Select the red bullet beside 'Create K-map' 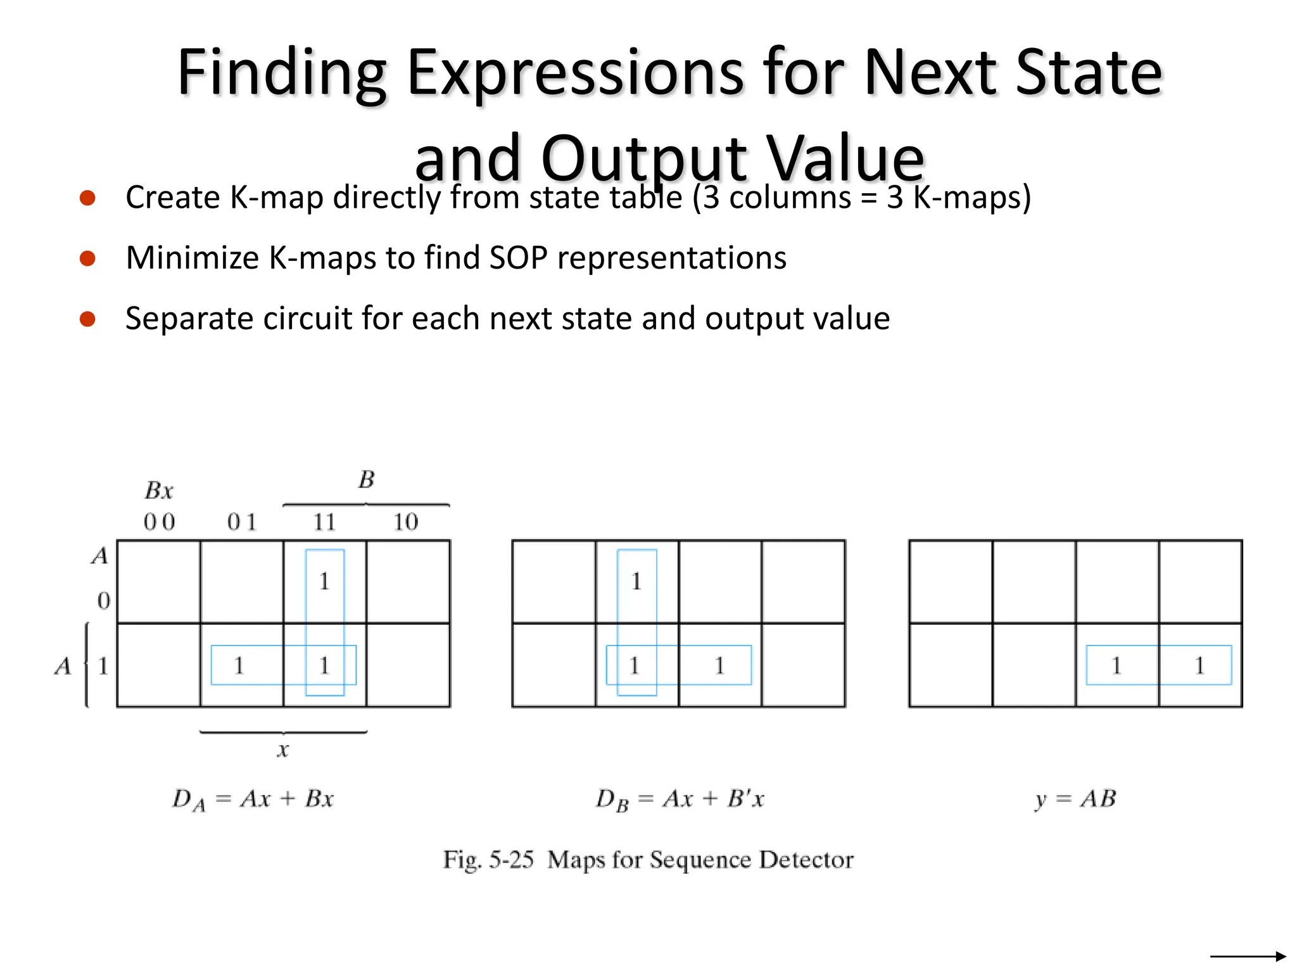pos(87,198)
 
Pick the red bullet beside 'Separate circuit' pos(87,319)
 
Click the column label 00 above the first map pos(159,522)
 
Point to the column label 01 pos(242,522)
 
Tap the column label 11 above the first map pos(324,522)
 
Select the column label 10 pos(406,522)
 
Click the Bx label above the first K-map pos(158,490)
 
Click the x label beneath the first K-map pos(282,750)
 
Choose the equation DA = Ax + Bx pos(253,799)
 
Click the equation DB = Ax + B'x pos(680,799)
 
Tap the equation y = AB pos(1075,799)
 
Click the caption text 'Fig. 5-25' pos(488,860)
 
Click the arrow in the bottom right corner pos(1248,956)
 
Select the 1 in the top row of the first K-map pos(324,581)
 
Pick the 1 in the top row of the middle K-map pos(636,581)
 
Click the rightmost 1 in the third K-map pos(1199,665)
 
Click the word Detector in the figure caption pos(806,860)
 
